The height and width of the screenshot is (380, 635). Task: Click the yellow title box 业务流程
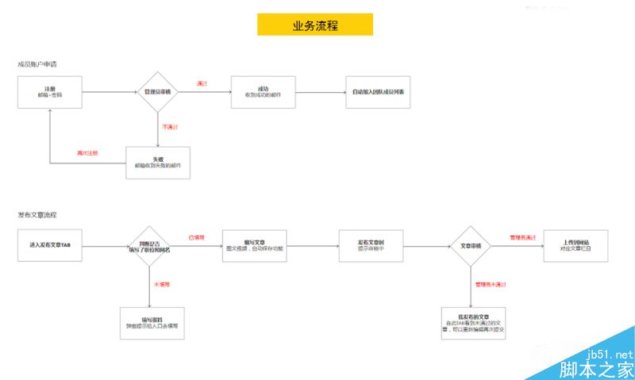pos(314,25)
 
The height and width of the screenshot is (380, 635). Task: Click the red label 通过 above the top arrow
pos(202,83)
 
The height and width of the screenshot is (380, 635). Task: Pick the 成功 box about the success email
pos(263,92)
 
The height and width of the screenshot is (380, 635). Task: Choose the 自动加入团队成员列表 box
pos(378,92)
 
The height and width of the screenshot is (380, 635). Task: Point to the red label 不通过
pos(169,126)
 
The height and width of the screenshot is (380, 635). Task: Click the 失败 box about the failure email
pos(158,163)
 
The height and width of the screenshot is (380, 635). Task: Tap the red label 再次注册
pos(87,153)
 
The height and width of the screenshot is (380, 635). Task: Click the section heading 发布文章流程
pos(37,215)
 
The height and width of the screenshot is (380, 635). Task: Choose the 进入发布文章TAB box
pos(49,246)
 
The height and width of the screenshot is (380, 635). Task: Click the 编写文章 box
pos(255,246)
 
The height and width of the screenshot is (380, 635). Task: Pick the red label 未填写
pos(162,283)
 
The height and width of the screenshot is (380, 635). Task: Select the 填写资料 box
pos(152,323)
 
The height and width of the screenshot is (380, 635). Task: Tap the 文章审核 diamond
pos(471,246)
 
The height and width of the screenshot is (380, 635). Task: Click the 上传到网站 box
pos(576,246)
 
